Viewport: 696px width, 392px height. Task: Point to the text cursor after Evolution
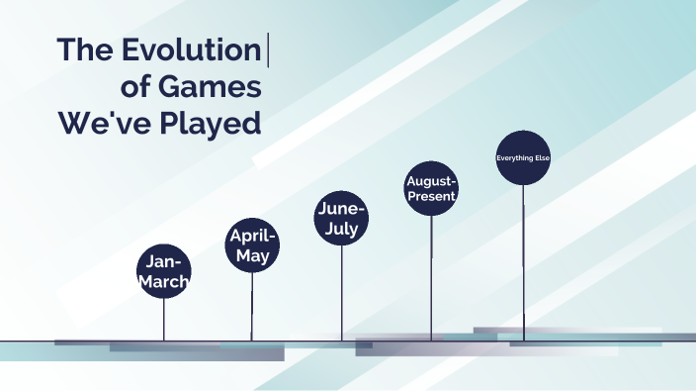tap(268, 50)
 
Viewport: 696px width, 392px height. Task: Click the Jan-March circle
tap(163, 271)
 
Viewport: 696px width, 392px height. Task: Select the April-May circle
tap(252, 245)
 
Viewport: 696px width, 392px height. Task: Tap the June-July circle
tap(342, 219)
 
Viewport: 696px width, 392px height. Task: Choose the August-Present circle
tap(431, 188)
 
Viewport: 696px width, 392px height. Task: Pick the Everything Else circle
tap(522, 157)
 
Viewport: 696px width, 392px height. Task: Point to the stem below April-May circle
tap(252, 306)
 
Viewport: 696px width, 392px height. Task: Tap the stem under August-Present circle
tap(431, 277)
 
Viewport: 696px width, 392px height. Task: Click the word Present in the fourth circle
tap(431, 197)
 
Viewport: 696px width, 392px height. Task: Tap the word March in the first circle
tap(163, 281)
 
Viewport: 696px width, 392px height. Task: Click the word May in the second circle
tap(253, 255)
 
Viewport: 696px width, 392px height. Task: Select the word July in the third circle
tap(342, 230)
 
